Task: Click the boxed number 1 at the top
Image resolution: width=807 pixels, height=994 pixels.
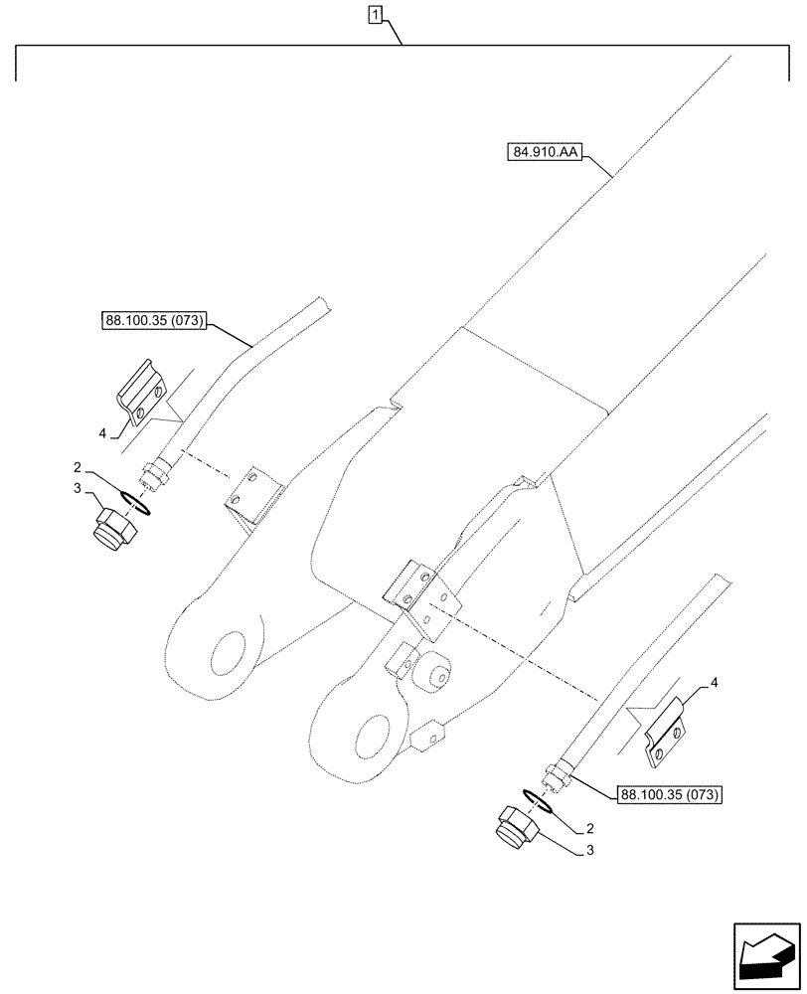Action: tap(376, 14)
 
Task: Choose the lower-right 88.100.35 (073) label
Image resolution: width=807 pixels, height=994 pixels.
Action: tap(670, 794)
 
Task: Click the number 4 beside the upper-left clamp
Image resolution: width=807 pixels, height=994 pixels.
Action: tap(102, 432)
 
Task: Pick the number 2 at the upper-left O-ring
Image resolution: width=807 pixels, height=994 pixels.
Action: tap(76, 466)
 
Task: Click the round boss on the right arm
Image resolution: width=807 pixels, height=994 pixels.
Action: tap(435, 674)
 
